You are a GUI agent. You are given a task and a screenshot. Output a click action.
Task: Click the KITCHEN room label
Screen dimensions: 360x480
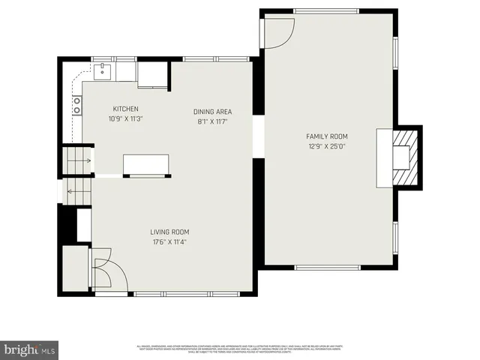coord(125,109)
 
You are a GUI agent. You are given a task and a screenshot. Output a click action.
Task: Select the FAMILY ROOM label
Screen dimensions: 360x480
coord(326,136)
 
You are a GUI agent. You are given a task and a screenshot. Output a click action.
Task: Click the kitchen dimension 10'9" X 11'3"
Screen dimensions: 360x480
coord(125,118)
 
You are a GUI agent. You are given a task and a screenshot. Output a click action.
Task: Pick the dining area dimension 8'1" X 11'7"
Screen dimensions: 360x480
coord(211,121)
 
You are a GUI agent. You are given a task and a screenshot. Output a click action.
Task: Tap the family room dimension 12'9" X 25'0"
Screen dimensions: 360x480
coord(326,145)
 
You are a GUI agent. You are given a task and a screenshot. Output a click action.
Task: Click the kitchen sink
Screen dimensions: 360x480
coord(101,72)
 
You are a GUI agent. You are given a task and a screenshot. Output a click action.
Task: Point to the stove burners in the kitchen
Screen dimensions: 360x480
coord(76,106)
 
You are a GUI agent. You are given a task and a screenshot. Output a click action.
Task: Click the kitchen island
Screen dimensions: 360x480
coord(146,165)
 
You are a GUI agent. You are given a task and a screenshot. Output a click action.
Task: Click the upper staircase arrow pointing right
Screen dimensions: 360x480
coord(88,160)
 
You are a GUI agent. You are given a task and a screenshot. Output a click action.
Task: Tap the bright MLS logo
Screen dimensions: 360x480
coord(29,349)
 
